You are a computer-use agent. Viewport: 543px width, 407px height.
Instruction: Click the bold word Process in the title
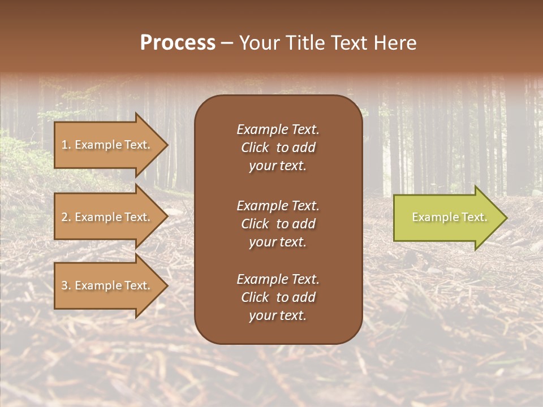point(178,43)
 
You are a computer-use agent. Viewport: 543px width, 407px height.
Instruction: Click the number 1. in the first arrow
point(66,145)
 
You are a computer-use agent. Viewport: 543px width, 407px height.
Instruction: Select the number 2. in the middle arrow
point(66,217)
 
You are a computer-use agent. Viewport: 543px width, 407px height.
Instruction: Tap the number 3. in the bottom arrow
point(66,285)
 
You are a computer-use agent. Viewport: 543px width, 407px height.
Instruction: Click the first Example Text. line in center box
point(278,129)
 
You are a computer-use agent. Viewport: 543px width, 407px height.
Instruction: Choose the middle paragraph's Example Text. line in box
point(278,206)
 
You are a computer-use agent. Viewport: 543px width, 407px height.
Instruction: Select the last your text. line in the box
point(278,316)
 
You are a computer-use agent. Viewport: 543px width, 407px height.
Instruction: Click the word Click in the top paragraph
point(255,148)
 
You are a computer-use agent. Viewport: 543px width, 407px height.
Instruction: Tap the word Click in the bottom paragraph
point(255,297)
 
